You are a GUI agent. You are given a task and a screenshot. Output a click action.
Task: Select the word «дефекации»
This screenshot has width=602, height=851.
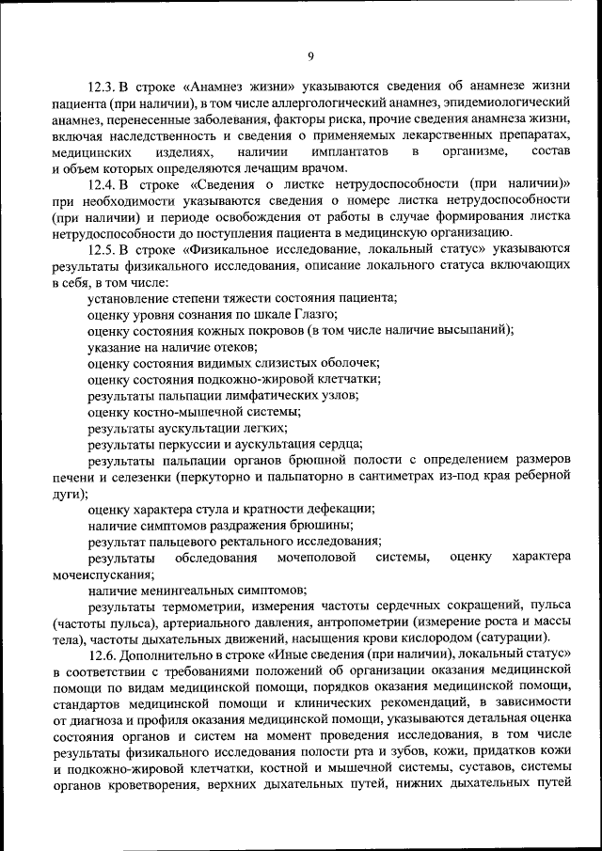pyautogui.click(x=339, y=509)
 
